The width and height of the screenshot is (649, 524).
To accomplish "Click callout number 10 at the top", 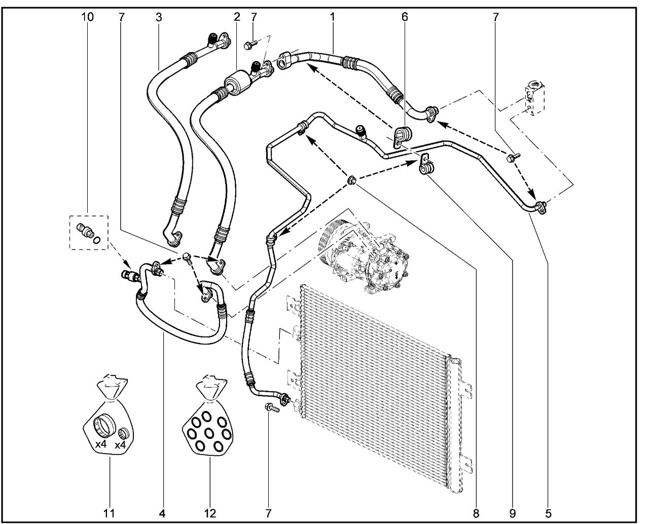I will point(87,17).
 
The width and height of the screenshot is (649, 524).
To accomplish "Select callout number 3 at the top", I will point(159,17).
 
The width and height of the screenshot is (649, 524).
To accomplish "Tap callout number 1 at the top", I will point(332,17).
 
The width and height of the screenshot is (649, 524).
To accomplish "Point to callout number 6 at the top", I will point(404,17).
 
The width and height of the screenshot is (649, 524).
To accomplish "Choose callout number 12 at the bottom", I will point(209,513).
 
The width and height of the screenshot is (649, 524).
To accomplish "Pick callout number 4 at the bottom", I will point(162,513).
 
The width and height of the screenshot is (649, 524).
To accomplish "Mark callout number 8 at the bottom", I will point(476,513).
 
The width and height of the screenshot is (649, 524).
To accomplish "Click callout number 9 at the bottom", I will point(512,513).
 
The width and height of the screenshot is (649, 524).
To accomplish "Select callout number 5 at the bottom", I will point(549,513).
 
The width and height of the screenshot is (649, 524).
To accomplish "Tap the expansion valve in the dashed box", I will point(533,99).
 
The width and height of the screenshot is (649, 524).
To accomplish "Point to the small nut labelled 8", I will point(350,180).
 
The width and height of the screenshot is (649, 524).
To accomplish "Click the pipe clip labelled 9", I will point(425,165).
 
